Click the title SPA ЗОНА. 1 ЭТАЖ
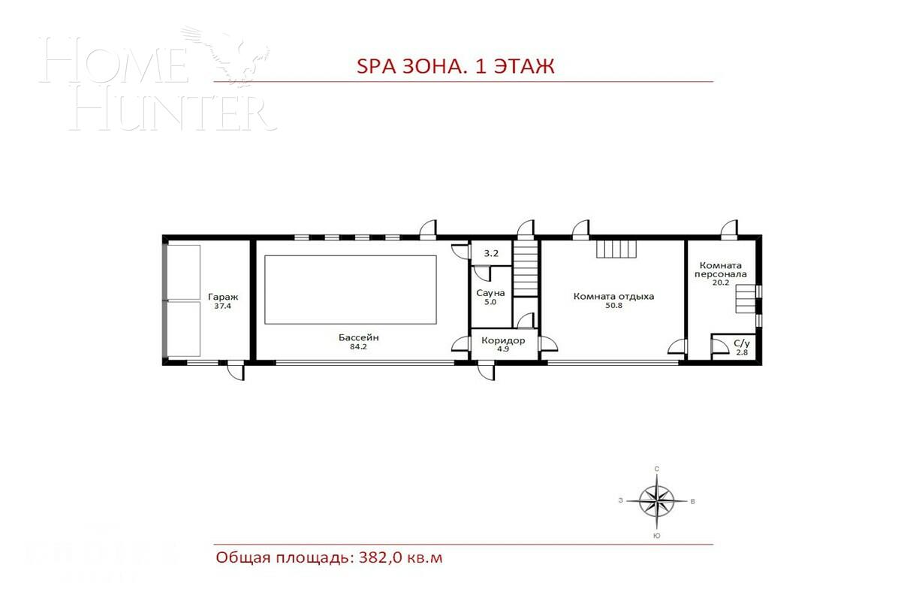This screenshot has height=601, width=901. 455,66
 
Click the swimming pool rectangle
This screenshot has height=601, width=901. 351,289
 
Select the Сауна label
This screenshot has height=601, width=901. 491,292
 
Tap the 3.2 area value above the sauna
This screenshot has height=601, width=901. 491,254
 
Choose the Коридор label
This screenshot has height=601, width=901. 503,340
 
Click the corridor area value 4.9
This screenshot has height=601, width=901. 503,349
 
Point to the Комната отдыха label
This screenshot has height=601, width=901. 613,296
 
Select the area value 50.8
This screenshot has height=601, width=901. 613,306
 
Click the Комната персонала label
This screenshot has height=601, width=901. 721,270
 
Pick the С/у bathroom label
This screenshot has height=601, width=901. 740,343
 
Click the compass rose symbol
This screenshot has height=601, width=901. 657,500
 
